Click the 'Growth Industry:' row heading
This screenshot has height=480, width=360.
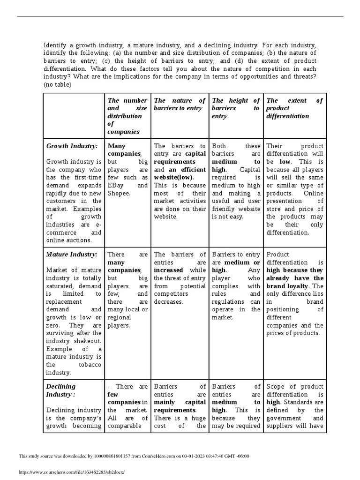click(72, 146)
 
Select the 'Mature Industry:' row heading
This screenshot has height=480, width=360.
click(72, 254)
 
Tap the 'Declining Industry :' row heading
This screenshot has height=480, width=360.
click(60, 390)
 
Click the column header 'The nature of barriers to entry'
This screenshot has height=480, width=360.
click(180, 104)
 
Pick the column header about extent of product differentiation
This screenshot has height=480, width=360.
click(294, 108)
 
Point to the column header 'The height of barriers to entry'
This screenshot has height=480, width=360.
click(236, 108)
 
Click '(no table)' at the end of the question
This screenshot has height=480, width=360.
click(58, 85)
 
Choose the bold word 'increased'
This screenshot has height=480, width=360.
click(170, 270)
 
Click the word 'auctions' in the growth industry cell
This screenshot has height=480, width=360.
click(78, 240)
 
